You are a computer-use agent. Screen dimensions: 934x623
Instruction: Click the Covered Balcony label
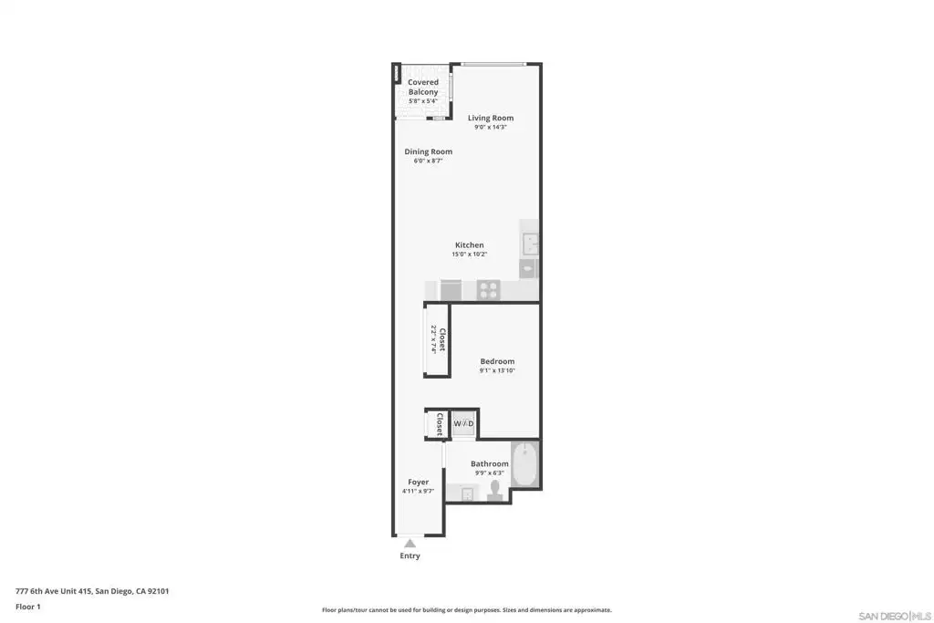point(423,87)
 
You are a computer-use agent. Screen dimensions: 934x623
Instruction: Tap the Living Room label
point(490,118)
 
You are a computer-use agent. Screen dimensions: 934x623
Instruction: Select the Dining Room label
point(429,152)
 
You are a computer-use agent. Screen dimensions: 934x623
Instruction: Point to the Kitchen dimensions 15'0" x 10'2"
point(470,254)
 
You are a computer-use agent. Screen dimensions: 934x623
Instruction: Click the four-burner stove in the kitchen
point(489,290)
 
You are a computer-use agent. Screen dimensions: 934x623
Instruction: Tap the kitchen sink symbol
point(530,244)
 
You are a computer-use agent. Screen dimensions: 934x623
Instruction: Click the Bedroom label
point(497,361)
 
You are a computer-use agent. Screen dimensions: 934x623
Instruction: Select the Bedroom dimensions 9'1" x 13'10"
point(497,370)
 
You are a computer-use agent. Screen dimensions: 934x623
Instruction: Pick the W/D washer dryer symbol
point(464,423)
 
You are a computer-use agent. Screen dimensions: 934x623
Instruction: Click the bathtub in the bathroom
point(524,464)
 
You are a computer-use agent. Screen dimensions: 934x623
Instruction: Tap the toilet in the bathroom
point(494,490)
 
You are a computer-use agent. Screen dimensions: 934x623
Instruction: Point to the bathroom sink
point(467,493)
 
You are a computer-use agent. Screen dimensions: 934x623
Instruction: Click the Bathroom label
point(490,464)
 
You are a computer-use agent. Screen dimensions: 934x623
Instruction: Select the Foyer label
point(418,483)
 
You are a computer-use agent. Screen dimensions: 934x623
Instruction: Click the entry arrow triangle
point(410,544)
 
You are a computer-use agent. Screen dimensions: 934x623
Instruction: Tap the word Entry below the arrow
point(410,556)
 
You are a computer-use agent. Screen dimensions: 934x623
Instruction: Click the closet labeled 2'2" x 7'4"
point(437,340)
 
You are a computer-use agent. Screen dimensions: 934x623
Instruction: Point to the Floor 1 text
point(28,607)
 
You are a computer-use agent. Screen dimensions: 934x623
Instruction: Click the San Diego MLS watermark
point(895,616)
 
